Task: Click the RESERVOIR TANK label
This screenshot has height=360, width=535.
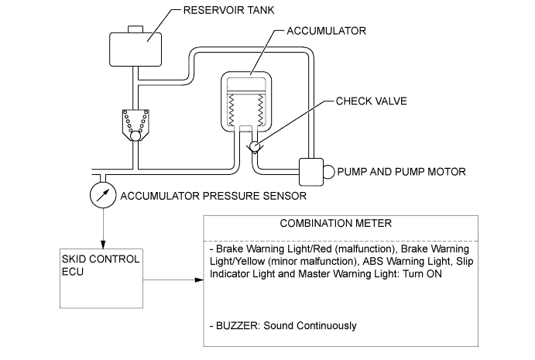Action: tap(222, 10)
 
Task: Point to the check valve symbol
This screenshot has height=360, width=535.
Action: tap(252, 145)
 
